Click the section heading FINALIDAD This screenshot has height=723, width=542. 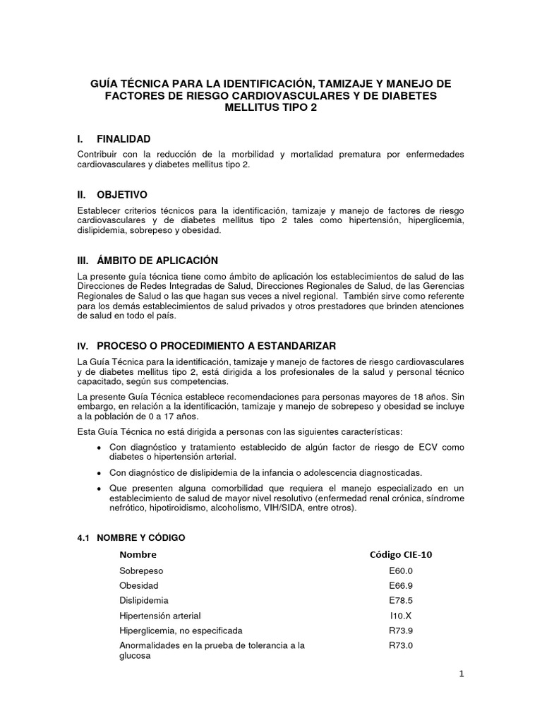point(124,139)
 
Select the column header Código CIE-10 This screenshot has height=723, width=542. point(401,554)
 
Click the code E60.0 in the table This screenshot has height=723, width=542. point(400,570)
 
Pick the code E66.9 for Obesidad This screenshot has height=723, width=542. point(400,585)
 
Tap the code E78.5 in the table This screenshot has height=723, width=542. point(400,600)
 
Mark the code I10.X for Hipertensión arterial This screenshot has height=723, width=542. point(400,615)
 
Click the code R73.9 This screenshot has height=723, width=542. point(400,630)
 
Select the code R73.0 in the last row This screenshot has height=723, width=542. point(400,645)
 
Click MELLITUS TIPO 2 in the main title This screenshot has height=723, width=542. point(271,108)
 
